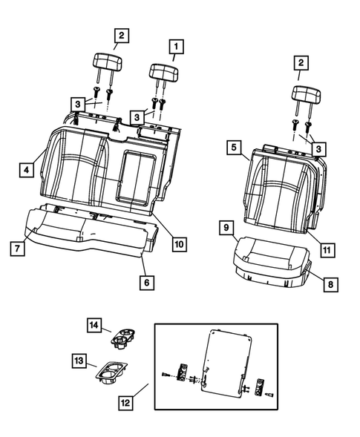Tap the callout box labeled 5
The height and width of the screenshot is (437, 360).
pos(234,148)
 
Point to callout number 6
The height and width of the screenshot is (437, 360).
pos(146,282)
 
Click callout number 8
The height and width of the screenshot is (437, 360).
pos(326,282)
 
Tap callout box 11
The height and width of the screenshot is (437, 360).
pos(326,251)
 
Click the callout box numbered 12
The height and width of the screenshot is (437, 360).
pos(129,402)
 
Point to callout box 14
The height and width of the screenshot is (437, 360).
pos(94,325)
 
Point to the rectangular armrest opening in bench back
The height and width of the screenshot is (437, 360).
pos(139,176)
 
